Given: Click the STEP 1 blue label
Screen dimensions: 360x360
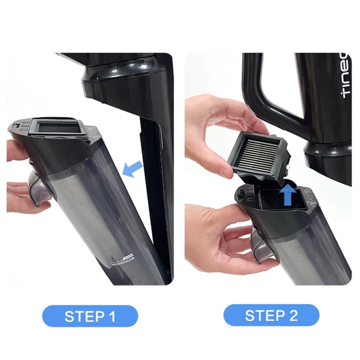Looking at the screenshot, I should (x=90, y=316).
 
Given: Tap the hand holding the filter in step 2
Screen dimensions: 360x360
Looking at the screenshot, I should (x=209, y=135).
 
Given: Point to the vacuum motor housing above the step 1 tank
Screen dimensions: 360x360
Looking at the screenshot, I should (x=121, y=81).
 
